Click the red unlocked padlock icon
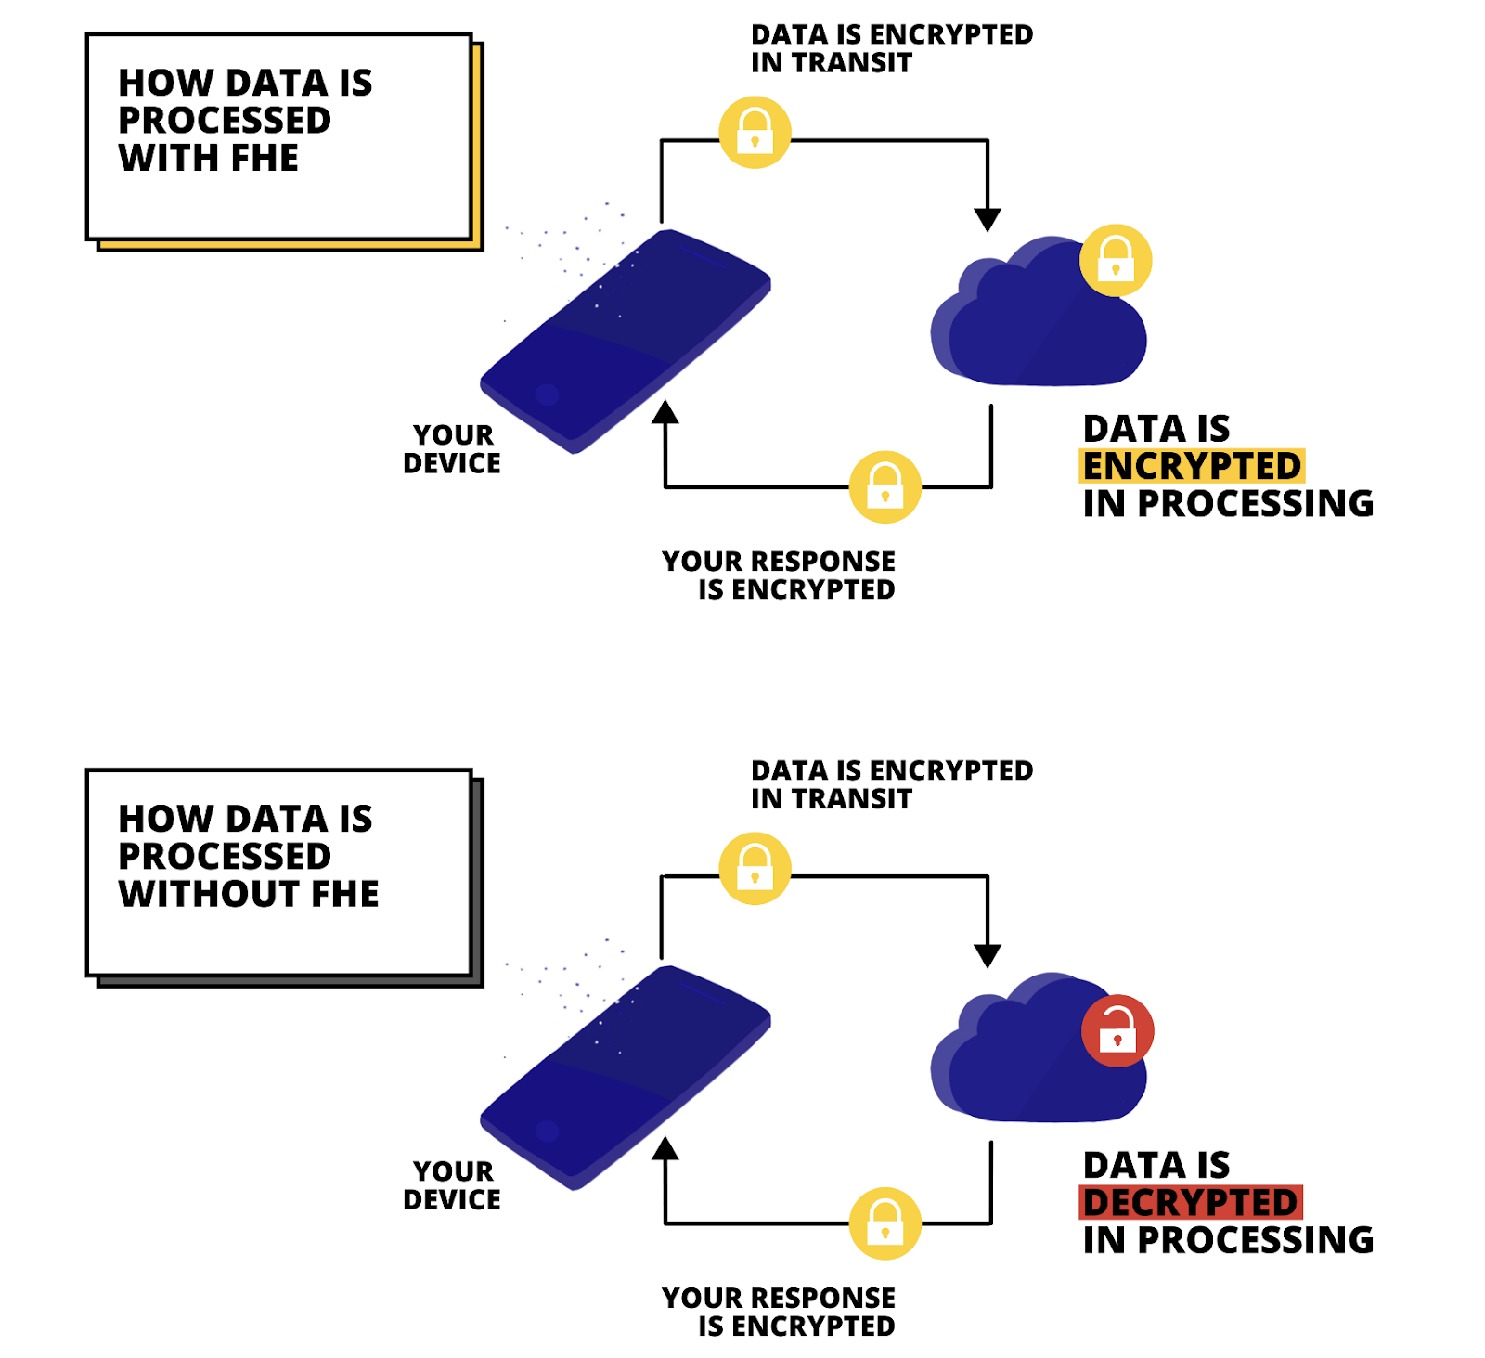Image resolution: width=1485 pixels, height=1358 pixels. (1117, 1031)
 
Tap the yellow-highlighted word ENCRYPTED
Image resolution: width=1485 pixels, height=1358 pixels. (1193, 466)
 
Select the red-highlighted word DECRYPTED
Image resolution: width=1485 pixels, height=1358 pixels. (1191, 1202)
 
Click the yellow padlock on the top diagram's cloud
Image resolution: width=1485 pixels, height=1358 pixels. (1116, 261)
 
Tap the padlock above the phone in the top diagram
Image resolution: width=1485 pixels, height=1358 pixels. (755, 132)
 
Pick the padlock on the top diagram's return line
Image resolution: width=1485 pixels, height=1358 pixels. (885, 487)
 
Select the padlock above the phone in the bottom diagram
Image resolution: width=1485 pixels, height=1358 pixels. (755, 868)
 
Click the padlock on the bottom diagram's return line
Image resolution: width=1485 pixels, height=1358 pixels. (885, 1223)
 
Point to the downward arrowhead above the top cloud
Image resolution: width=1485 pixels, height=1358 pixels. (988, 220)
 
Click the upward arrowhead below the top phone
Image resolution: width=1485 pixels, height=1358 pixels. (665, 412)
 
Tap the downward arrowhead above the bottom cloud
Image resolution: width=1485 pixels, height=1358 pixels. (988, 956)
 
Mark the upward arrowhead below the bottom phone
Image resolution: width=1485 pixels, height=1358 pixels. (665, 1148)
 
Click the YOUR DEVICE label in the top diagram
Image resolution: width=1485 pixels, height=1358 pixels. (452, 449)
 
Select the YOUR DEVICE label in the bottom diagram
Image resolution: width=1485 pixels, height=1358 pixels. (452, 1185)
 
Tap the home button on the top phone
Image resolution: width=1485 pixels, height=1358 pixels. (548, 394)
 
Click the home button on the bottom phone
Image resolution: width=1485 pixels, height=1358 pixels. (548, 1131)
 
